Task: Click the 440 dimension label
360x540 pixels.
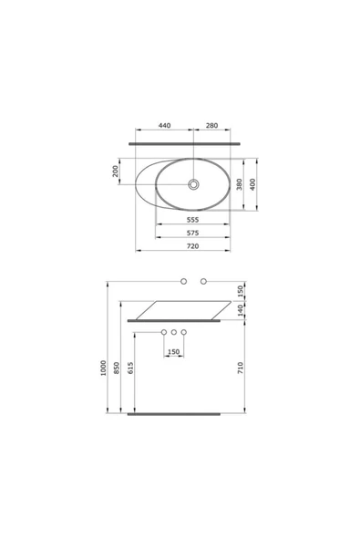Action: [164, 125]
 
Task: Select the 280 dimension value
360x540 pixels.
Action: [211, 125]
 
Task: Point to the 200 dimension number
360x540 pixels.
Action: [116, 171]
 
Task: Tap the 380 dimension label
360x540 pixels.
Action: [240, 184]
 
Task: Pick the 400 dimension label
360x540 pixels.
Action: [253, 184]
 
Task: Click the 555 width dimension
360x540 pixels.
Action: [192, 220]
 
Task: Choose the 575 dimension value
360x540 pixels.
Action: [192, 233]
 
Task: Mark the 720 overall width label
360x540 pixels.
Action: [192, 246]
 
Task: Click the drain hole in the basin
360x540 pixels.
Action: [193, 184]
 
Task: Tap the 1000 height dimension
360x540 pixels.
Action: [103, 368]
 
